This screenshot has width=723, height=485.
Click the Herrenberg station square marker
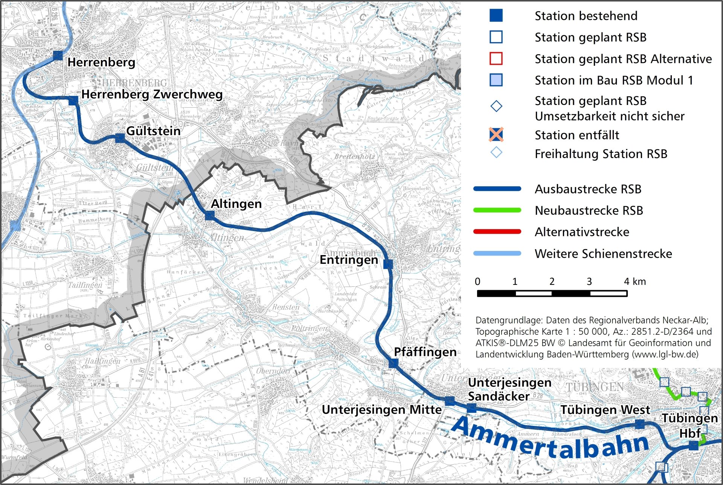coord(58,56)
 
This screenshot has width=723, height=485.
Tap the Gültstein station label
coord(153,131)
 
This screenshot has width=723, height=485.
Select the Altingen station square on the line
coord(209,216)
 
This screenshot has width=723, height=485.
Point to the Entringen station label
coord(349,260)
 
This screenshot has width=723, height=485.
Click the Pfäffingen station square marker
coord(393,363)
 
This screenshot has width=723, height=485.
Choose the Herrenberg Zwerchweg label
coord(152,94)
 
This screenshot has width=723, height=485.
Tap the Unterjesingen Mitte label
coord(381,409)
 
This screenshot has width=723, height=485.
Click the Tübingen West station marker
coord(639,424)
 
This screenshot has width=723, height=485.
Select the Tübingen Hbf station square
coord(693,446)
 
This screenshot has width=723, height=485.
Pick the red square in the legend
coord(496,59)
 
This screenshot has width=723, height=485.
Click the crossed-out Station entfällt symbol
coord(496,135)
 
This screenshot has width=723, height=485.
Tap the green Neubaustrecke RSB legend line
coord(497,210)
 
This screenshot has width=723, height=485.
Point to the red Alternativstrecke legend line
coord(497,232)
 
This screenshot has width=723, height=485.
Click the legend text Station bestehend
coord(586,16)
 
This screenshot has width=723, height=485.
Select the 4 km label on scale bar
coord(635,281)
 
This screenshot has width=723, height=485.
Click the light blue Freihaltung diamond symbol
coord(496,152)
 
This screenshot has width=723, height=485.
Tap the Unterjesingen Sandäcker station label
coord(509,389)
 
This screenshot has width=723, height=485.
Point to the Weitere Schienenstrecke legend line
coord(497,254)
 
